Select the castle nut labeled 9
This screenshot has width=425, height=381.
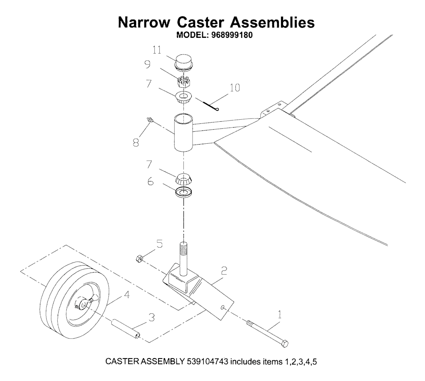pos(183,81)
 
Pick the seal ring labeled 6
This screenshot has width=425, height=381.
pos(183,192)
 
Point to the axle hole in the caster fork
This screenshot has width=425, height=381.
pos(223,307)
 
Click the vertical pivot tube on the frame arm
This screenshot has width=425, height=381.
pos(183,133)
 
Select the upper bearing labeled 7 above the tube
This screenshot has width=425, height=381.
pos(183,97)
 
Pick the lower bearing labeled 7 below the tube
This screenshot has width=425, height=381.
pos(184,179)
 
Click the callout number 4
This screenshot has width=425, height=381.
pos(127,295)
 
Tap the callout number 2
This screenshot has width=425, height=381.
pos(224,270)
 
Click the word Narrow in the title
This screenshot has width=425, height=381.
pos(144,22)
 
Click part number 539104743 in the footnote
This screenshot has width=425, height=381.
pos(208,362)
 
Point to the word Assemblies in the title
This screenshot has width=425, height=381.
pos(272,22)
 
